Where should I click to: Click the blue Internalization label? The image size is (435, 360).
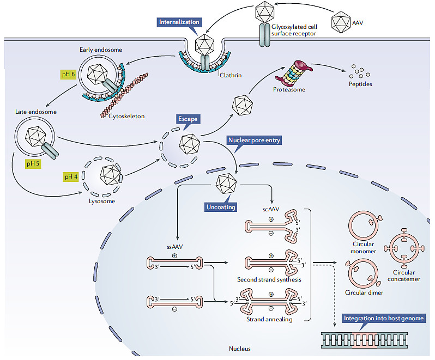click(179, 22)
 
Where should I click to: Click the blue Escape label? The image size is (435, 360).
click(188, 118)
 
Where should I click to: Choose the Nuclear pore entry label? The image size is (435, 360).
click(255, 141)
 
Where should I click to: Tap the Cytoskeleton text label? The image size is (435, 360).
click(126, 116)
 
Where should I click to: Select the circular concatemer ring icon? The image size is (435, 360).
click(403, 247)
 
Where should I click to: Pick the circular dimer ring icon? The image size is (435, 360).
click(363, 273)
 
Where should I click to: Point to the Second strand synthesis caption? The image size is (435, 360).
click(269, 279)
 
